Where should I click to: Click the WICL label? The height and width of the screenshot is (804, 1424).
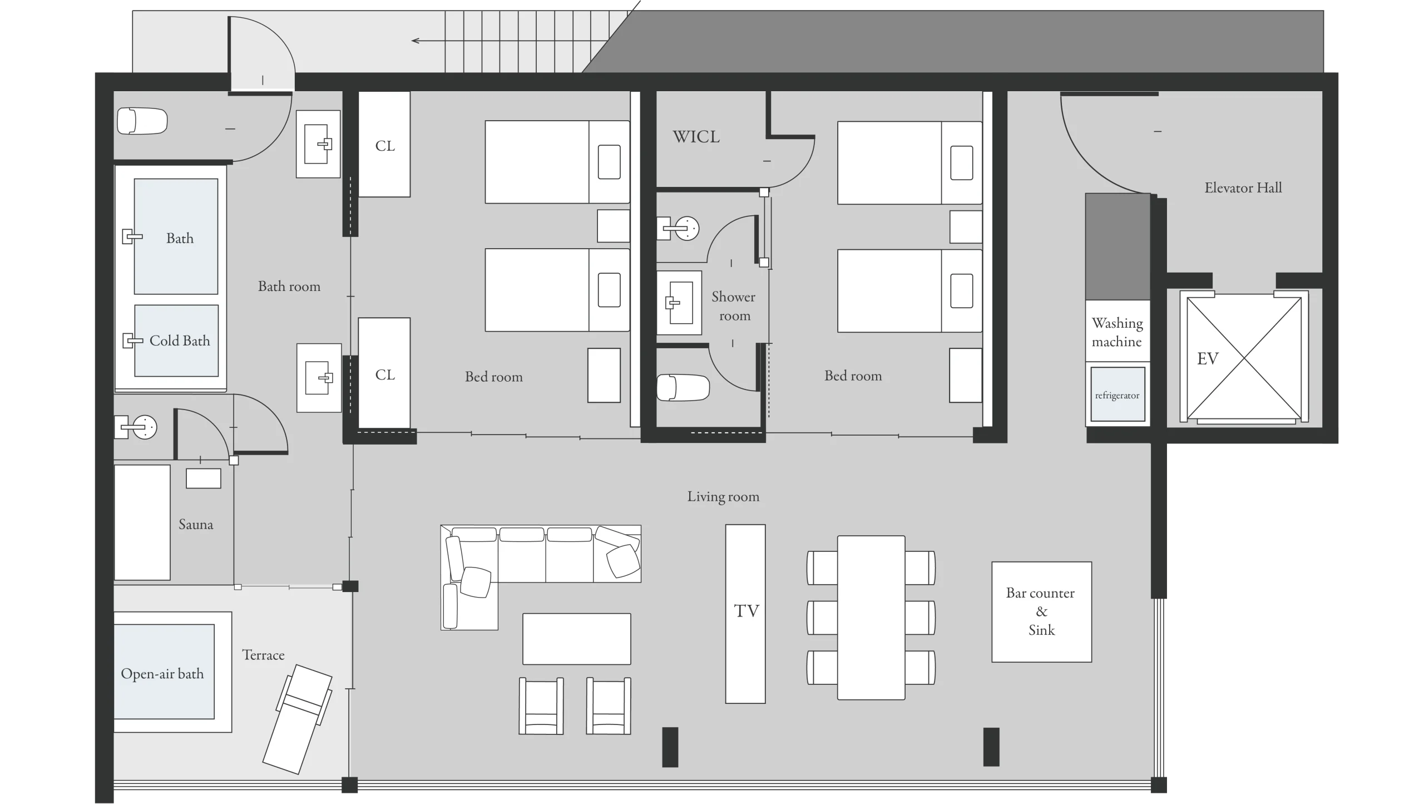pyautogui.click(x=696, y=136)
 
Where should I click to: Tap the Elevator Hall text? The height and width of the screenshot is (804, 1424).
pyautogui.click(x=1243, y=188)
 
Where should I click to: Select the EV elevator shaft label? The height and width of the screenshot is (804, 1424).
pyautogui.click(x=1208, y=358)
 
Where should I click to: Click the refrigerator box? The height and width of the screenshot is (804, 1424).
pyautogui.click(x=1118, y=394)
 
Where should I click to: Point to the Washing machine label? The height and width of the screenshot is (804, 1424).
pyautogui.click(x=1117, y=332)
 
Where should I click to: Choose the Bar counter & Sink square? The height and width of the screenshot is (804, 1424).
pyautogui.click(x=1041, y=611)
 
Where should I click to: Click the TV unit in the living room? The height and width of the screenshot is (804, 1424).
pyautogui.click(x=745, y=614)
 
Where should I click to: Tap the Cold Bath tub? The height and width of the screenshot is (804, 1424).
pyautogui.click(x=176, y=341)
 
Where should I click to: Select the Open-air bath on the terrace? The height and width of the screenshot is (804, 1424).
pyautogui.click(x=164, y=672)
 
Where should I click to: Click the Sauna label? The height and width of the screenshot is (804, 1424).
pyautogui.click(x=196, y=524)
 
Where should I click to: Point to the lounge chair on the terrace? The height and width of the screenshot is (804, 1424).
pyautogui.click(x=298, y=719)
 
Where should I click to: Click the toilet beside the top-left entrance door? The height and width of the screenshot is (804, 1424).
pyautogui.click(x=142, y=121)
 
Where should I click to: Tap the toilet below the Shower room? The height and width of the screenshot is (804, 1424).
pyautogui.click(x=683, y=387)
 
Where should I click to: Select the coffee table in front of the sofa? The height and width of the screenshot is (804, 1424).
pyautogui.click(x=577, y=639)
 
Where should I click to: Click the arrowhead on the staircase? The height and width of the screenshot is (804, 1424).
pyautogui.click(x=415, y=41)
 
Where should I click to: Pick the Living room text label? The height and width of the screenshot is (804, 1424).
pyautogui.click(x=723, y=496)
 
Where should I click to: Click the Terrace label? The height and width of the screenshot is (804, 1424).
pyautogui.click(x=263, y=655)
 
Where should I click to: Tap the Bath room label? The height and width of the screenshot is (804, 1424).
pyautogui.click(x=289, y=286)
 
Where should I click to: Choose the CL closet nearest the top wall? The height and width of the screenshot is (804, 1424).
pyautogui.click(x=384, y=144)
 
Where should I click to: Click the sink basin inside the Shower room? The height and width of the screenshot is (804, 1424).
pyautogui.click(x=679, y=303)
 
